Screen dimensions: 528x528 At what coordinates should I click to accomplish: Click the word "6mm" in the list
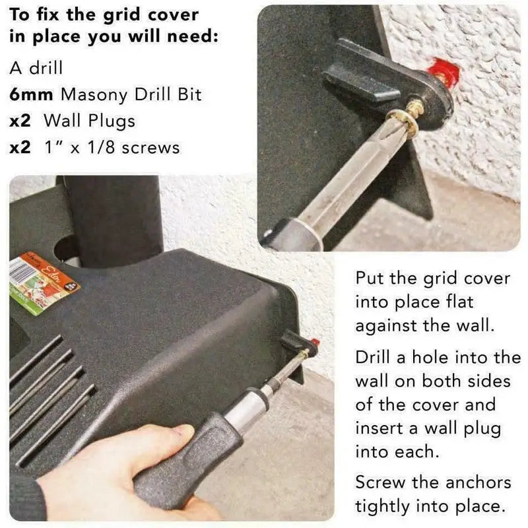[x=31, y=94]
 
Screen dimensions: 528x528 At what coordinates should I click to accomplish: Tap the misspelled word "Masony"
[x=94, y=95]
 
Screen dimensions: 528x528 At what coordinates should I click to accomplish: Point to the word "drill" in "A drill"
[x=46, y=68]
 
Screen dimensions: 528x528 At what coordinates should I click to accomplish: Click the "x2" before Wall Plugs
[x=20, y=121]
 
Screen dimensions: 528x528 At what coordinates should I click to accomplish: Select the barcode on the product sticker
[x=18, y=271]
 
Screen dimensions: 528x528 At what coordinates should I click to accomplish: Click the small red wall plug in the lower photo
[x=315, y=344]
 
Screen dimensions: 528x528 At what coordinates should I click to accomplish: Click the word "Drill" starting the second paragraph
[x=373, y=357]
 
